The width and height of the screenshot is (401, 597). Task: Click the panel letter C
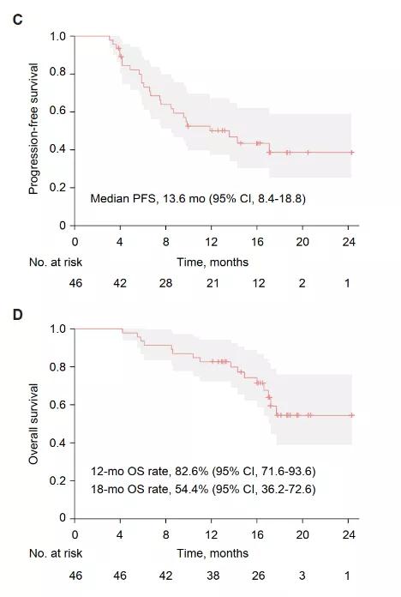17,19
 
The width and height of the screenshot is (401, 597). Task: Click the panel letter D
17,315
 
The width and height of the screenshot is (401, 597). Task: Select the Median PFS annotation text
198,198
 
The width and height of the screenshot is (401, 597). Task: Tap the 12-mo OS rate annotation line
203,472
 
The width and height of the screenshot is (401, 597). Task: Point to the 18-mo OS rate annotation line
203,489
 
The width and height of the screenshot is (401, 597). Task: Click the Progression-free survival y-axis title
33,129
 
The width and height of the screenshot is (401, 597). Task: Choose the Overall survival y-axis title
33,424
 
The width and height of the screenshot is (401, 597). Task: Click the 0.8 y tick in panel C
57,72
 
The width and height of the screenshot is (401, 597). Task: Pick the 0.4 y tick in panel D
57,443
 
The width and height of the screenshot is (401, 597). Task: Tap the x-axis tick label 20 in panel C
302,242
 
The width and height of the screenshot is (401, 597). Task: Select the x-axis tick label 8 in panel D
166,535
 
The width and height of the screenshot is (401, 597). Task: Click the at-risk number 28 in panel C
166,283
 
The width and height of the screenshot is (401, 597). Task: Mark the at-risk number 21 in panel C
212,283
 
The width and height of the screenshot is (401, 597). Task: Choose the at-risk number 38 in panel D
212,576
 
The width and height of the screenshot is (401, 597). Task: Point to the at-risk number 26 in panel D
258,576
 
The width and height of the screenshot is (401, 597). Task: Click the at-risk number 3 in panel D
302,576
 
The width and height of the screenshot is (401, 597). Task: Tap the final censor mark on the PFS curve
352,153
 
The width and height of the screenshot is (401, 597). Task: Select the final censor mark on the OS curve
352,415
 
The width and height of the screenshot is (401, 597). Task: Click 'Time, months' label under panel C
212,262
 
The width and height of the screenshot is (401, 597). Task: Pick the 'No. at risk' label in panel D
56,553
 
